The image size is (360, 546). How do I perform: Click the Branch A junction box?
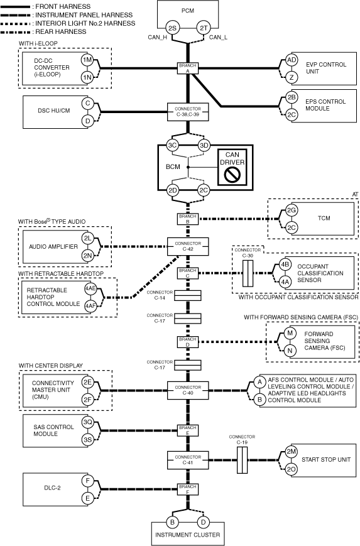click(x=188, y=68)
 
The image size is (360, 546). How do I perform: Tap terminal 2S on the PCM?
click(x=172, y=28)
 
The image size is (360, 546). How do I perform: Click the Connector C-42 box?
click(x=188, y=246)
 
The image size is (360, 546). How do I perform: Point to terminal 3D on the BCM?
click(x=204, y=145)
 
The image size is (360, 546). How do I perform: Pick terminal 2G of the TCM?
click(x=292, y=210)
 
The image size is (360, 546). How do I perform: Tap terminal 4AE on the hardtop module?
click(x=90, y=288)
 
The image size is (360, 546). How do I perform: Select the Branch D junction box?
click(x=188, y=342)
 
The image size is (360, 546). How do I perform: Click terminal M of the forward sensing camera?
click(x=290, y=333)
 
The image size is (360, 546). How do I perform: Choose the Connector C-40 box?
click(x=188, y=390)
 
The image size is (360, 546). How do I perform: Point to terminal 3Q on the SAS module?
click(x=87, y=422)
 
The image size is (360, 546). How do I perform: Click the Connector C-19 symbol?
click(x=243, y=460)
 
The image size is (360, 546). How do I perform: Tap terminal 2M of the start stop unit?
click(x=291, y=452)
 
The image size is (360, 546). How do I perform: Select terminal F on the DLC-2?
click(x=87, y=481)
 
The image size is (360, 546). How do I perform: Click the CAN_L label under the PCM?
click(x=218, y=37)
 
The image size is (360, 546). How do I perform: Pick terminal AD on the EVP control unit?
click(x=292, y=60)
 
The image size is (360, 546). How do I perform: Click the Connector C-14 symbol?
click(x=188, y=296)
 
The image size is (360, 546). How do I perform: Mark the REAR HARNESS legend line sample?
click(x=16, y=32)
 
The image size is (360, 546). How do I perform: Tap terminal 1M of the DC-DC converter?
click(x=87, y=60)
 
